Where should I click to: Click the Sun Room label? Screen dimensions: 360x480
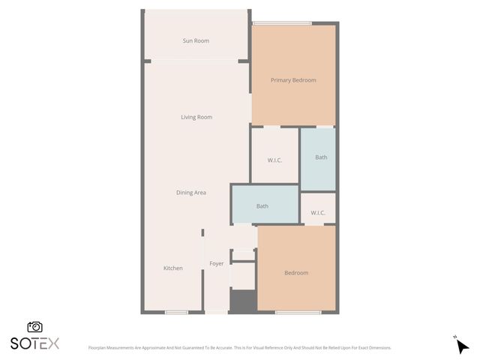[x=196, y=40]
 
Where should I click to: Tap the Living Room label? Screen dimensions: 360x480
[x=196, y=117]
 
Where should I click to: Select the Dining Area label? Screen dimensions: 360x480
[x=191, y=193]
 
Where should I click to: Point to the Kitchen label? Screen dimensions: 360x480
[x=173, y=268]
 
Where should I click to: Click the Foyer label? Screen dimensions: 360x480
[x=216, y=263]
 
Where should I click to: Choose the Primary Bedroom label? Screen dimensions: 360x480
[x=293, y=80]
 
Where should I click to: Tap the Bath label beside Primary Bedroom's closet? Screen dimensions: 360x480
[x=321, y=157]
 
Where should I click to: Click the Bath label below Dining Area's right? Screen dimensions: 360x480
[x=262, y=206]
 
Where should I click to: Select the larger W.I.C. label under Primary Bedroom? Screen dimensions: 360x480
[x=274, y=160]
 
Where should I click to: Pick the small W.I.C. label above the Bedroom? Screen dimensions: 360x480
[x=318, y=213]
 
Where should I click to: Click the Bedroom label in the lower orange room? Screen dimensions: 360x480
[x=296, y=273]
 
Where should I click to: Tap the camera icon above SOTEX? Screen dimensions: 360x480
[x=34, y=327]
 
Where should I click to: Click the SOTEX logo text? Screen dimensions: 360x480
[x=34, y=343]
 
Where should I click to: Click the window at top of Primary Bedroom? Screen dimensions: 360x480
[x=282, y=23]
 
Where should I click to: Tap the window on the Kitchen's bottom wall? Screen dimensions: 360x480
[x=176, y=312]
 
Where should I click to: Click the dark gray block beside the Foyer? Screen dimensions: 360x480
[x=242, y=301]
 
